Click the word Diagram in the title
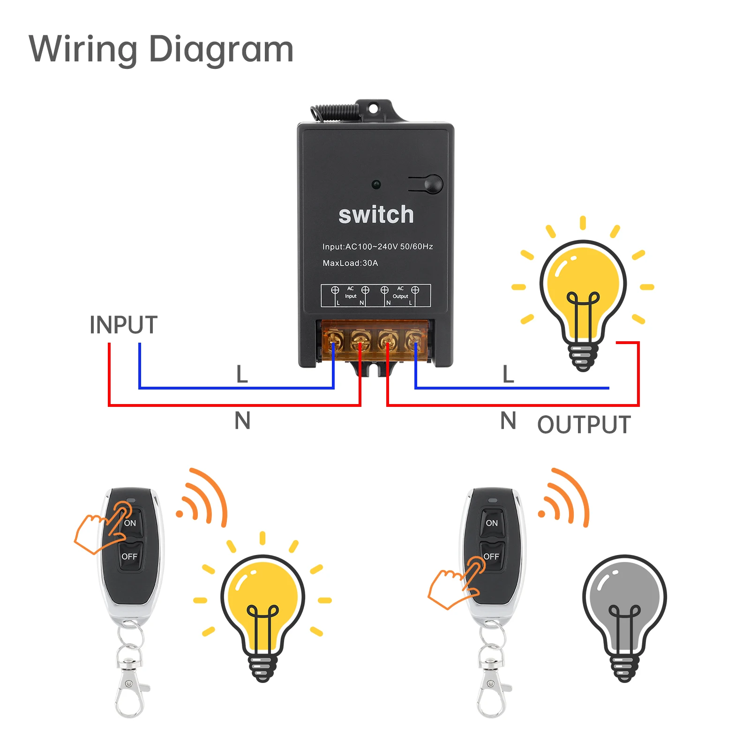[221, 50]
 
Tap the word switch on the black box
[376, 215]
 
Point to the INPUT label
[123, 325]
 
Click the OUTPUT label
[584, 425]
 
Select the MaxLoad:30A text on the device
[350, 263]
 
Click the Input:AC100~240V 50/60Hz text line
[377, 247]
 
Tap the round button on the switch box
[434, 184]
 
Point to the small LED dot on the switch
[376, 184]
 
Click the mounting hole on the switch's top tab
[373, 109]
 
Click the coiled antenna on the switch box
[334, 112]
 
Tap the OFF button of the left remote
[129, 556]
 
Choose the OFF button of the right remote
[491, 556]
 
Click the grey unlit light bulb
[624, 609]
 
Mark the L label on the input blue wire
[242, 374]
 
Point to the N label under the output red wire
[508, 420]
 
